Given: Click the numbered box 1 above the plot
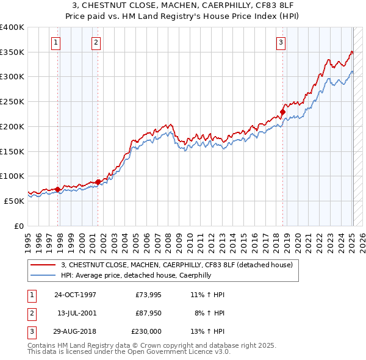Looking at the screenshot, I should coord(56,42).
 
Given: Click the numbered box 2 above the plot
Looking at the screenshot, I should coord(96,42).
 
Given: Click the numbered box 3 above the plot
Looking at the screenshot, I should coord(281,42).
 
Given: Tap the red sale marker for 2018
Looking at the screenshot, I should coord(283,112).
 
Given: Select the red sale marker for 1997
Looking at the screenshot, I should coord(58,189).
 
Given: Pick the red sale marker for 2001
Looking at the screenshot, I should coord(98,182).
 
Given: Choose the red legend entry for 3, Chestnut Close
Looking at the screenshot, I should coord(177,265).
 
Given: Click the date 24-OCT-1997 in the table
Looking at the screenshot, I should coord(75,295).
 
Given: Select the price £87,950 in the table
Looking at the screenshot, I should coord(148,313).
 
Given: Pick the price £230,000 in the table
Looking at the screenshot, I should coord(147,331).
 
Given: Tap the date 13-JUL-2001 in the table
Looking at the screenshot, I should coord(75,313).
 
